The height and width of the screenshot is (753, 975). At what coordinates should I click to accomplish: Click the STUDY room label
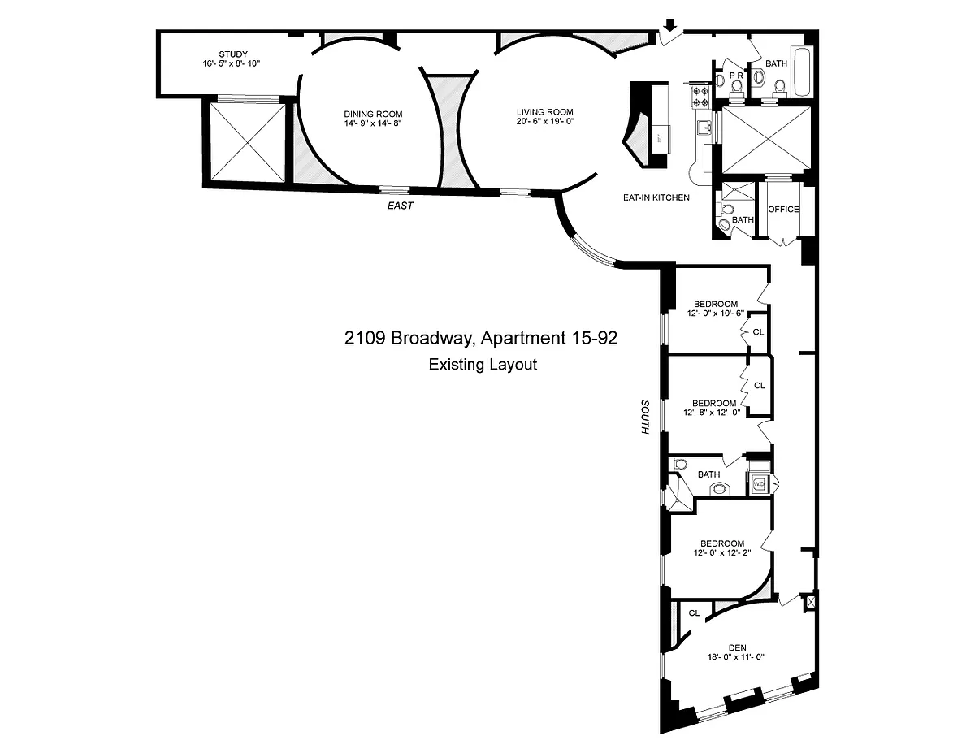233,54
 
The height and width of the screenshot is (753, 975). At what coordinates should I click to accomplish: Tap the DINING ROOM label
373,114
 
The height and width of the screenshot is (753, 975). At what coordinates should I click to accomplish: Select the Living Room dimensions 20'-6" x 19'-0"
544,121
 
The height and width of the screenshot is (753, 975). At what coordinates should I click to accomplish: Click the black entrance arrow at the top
669,24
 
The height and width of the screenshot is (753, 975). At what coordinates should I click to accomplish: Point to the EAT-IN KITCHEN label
656,197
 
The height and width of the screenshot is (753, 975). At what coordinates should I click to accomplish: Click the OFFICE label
783,209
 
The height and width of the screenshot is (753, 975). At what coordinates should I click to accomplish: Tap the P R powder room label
736,76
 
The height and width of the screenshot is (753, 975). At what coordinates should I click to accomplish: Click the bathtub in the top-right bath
802,72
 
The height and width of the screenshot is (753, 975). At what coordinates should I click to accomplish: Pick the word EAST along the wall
401,206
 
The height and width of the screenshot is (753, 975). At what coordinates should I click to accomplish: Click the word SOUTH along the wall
645,417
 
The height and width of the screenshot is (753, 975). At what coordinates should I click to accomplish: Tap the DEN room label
737,647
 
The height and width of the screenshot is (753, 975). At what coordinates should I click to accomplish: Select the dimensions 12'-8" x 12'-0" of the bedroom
712,412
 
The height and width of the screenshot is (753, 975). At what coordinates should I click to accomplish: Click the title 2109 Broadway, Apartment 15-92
480,338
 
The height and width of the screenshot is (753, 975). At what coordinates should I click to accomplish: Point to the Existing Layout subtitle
483,364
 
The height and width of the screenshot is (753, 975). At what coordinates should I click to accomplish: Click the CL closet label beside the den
694,613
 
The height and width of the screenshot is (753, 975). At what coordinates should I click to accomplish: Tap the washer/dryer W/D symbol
759,484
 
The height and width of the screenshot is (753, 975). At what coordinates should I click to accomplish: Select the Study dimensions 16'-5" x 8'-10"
231,63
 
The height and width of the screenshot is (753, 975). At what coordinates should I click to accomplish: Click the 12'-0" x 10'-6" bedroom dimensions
716,313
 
